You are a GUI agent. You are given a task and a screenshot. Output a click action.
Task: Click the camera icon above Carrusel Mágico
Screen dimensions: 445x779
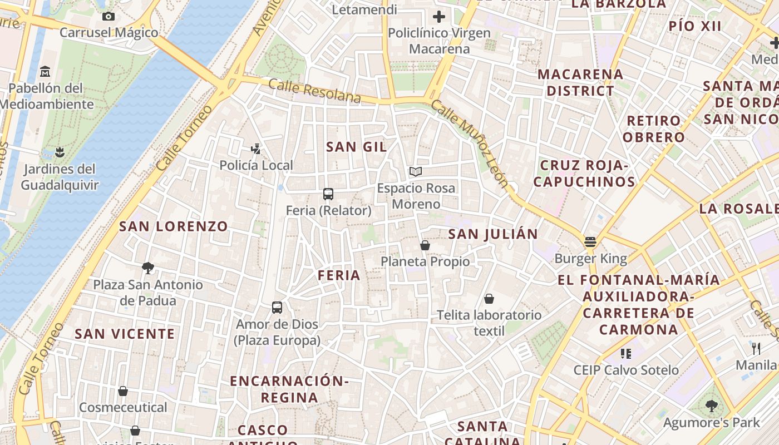coord(109,16)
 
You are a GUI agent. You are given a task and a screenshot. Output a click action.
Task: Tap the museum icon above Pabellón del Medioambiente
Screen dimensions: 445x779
coord(45,72)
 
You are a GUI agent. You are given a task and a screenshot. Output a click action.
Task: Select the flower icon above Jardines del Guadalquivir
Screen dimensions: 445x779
coord(60,152)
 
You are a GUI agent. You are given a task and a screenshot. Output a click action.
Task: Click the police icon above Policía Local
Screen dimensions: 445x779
coord(255,149)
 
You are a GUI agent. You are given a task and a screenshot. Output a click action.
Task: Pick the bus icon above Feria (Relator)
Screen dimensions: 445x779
coord(328,194)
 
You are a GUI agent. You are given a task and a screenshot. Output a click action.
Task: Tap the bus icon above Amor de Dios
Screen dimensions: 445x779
coord(277,307)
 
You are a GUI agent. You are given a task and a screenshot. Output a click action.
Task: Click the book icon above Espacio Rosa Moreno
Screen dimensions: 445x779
coord(416,171)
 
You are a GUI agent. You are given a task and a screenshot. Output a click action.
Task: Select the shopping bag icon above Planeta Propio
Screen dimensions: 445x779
coord(425,245)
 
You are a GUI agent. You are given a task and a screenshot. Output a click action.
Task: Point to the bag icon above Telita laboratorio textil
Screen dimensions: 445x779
coord(489,299)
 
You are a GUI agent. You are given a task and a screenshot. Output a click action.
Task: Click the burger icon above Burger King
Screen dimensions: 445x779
coord(590,242)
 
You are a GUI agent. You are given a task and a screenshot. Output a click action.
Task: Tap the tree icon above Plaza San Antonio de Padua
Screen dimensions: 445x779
coord(147,268)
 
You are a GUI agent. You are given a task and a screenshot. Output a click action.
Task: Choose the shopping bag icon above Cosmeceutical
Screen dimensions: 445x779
coord(123,391)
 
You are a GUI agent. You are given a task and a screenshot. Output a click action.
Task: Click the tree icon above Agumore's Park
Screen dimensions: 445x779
coord(711,406)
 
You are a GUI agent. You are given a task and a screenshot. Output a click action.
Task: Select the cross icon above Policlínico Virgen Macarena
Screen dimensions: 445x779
coord(439,16)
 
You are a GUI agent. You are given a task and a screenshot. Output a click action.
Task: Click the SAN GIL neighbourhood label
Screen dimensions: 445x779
coord(357,147)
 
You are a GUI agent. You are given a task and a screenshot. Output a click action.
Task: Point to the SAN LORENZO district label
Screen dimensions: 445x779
coord(174,226)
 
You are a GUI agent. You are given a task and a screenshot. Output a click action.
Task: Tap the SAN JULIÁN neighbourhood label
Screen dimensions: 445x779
coord(493,234)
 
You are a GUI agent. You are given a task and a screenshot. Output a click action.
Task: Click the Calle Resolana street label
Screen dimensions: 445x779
coord(314,91)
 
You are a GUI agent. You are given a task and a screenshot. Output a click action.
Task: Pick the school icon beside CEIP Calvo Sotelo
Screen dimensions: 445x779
coord(626,353)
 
